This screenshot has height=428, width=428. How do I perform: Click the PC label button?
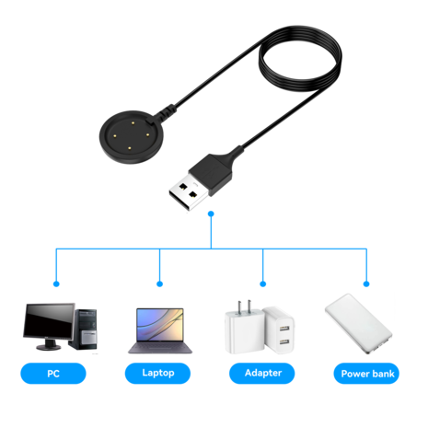pos(52,373)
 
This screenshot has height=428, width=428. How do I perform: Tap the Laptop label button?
pos(159,373)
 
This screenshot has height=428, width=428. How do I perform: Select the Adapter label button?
pos(264,373)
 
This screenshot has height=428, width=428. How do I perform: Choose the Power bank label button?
pos(367,373)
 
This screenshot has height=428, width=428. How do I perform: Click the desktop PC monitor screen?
pos(49,321)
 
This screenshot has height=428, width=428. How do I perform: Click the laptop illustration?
pos(159,331)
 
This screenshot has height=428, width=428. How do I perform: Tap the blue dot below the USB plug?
pos(212,214)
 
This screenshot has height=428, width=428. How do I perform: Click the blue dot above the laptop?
pos(160,283)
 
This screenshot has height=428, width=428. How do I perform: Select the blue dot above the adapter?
pos(264,283)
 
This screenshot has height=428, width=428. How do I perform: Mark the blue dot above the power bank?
pos(366,283)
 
